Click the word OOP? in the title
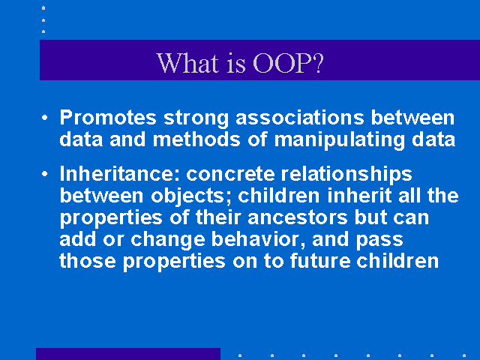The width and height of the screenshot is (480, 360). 288,63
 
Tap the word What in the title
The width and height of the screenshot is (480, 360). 187,63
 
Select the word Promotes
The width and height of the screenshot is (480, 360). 108,118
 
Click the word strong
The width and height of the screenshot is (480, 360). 196,118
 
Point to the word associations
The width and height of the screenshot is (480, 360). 300,118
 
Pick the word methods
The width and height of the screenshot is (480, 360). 196,139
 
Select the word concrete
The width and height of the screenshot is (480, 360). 230,175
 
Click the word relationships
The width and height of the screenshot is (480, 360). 346,175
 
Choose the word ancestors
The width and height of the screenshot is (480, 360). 298,218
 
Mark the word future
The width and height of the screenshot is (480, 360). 320,261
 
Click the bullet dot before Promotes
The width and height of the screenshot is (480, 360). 45,118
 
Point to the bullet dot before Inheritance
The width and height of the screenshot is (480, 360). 45,174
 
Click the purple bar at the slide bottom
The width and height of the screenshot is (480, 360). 128,354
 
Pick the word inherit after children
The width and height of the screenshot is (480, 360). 359,196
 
